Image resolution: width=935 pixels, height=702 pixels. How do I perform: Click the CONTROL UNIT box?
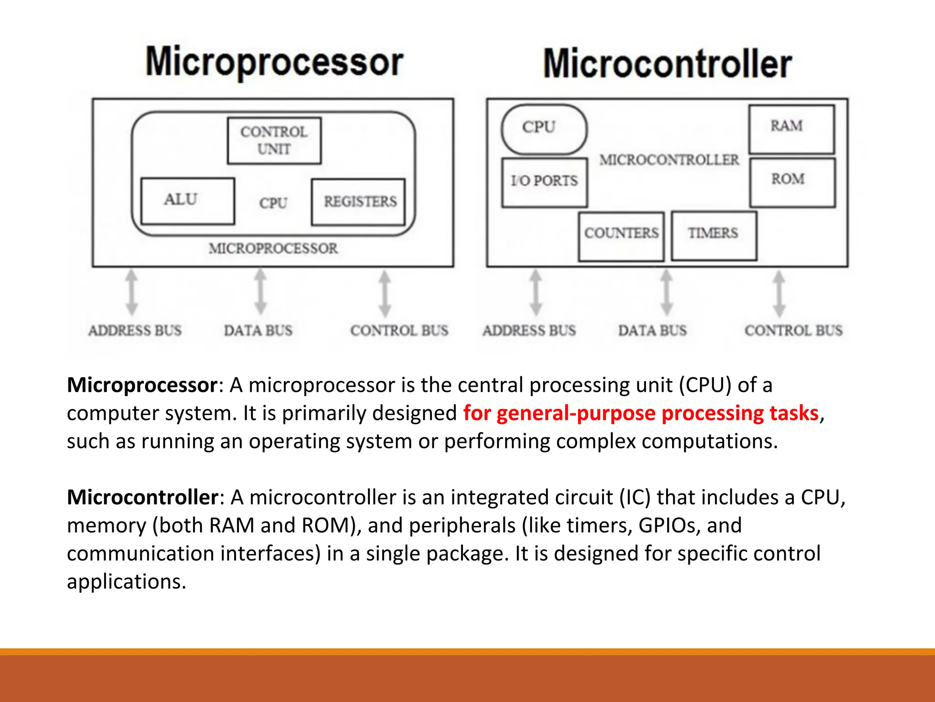[274, 140]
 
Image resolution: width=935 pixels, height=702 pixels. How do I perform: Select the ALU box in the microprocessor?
[188, 201]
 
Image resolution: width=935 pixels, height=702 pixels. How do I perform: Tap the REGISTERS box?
[358, 202]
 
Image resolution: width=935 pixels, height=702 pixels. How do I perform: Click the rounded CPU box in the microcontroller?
[544, 129]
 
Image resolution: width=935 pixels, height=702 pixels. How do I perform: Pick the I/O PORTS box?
[544, 182]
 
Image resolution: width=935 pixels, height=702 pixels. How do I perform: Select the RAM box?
[791, 129]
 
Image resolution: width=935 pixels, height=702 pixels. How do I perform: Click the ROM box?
[792, 182]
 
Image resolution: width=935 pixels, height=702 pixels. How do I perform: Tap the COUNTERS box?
[621, 236]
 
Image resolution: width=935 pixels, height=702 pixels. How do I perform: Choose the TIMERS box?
[714, 236]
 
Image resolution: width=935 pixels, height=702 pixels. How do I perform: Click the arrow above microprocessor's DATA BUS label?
[260, 292]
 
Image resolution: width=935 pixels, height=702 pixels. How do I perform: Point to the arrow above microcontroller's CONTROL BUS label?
[779, 293]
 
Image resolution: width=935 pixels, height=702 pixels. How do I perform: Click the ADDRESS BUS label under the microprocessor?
[135, 330]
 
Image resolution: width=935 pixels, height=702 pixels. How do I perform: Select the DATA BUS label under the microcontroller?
[652, 330]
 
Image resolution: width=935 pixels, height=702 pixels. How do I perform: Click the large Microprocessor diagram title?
[274, 62]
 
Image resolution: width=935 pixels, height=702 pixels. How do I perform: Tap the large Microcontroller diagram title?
[667, 64]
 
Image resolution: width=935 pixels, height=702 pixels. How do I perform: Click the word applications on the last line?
[126, 582]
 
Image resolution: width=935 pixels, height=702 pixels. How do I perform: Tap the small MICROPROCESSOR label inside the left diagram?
[273, 249]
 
